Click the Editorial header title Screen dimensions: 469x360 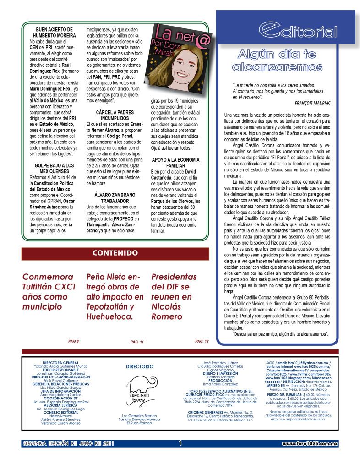tap(298, 31)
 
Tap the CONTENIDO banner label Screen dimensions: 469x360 tap(115, 253)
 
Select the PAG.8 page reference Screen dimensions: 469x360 tap(73, 341)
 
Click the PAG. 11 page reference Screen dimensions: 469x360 tap(137, 342)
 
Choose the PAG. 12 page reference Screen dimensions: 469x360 tap(202, 341)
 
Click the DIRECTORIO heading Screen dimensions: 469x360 tap(140, 366)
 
